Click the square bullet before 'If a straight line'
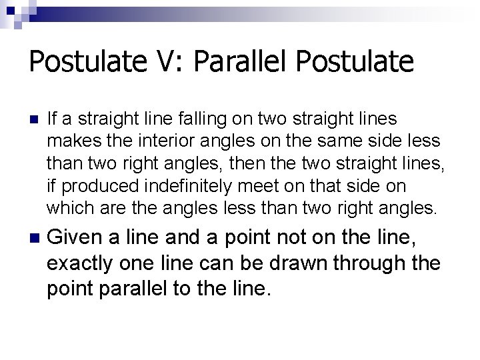coord(35,119)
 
